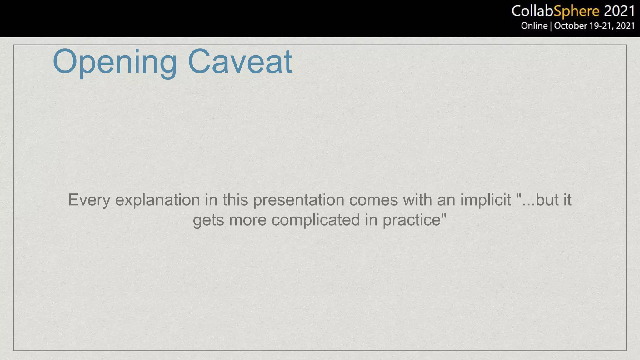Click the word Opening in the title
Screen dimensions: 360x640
[115, 62]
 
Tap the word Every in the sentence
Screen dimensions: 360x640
[89, 200]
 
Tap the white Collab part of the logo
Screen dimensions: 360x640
[532, 12]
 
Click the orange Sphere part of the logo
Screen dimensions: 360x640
[576, 12]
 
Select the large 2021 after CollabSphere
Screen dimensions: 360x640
[619, 12]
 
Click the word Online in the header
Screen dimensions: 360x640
[534, 26]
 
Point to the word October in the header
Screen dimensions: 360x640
[571, 26]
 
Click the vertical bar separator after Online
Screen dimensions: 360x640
[551, 26]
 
